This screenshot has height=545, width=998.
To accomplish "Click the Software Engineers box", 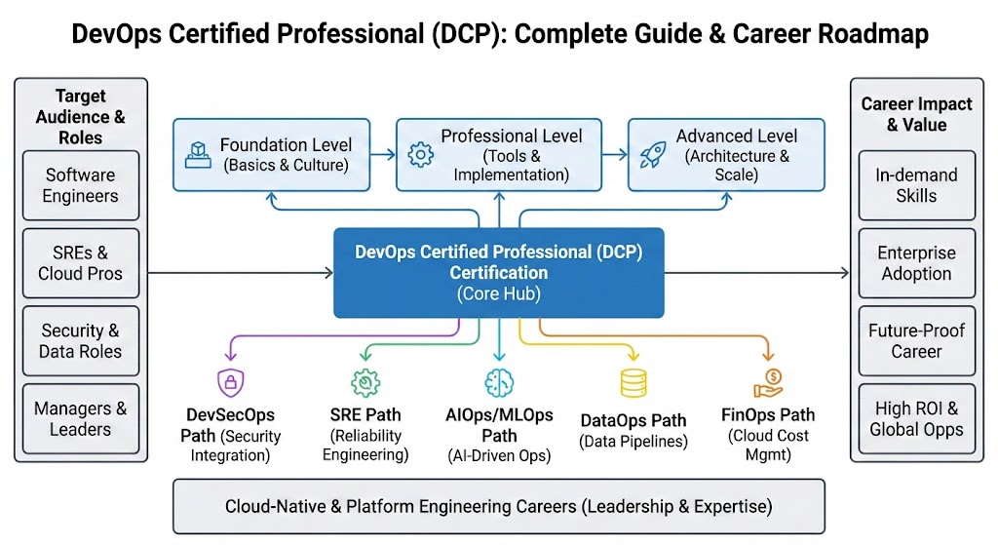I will click(x=81, y=185).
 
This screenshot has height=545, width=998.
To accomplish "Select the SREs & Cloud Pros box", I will click(x=81, y=263).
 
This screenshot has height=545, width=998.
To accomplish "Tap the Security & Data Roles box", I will click(x=81, y=341).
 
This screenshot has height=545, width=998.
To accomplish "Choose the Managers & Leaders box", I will click(x=81, y=419).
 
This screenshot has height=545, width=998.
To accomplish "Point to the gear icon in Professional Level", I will click(x=421, y=154).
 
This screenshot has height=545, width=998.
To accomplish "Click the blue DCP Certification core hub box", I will click(x=498, y=273).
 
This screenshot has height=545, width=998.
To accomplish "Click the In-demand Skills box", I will click(x=916, y=185).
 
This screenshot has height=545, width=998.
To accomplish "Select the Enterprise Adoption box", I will click(x=916, y=263).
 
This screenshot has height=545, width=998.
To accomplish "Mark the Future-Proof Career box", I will click(x=916, y=341).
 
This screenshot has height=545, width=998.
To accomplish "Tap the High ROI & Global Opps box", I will click(x=916, y=419).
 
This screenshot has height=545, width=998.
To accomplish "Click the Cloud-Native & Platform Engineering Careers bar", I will click(x=498, y=506).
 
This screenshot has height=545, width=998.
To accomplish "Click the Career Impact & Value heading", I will click(x=916, y=114).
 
